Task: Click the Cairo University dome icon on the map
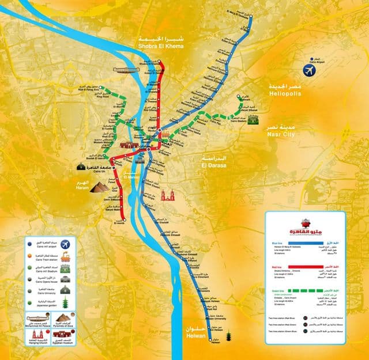[x=81, y=166]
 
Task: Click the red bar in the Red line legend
[x=304, y=269]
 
